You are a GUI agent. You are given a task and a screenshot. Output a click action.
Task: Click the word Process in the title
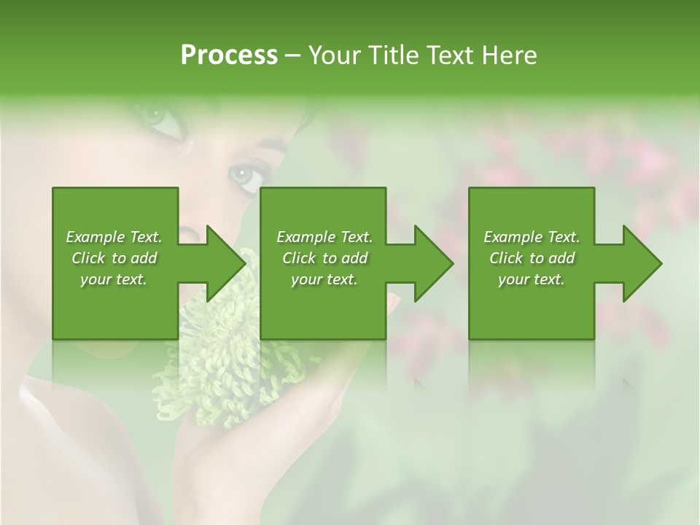click(x=229, y=55)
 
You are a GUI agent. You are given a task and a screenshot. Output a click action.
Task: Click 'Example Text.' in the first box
click(x=114, y=237)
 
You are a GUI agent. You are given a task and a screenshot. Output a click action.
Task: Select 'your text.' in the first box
click(x=114, y=279)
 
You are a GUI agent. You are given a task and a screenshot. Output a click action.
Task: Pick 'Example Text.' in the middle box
click(x=324, y=237)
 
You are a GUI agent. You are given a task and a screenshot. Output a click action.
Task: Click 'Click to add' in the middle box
click(x=324, y=258)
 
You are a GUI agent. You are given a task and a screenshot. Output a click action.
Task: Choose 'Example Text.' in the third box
click(x=532, y=237)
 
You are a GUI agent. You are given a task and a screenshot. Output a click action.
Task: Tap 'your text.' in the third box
click(x=532, y=279)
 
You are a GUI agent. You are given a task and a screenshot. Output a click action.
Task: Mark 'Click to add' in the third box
click(x=532, y=258)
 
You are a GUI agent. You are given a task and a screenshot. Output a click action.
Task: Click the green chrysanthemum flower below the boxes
click(x=219, y=365)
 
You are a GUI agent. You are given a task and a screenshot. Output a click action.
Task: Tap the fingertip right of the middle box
click(x=394, y=300)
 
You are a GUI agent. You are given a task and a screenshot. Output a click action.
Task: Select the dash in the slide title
click(x=293, y=55)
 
